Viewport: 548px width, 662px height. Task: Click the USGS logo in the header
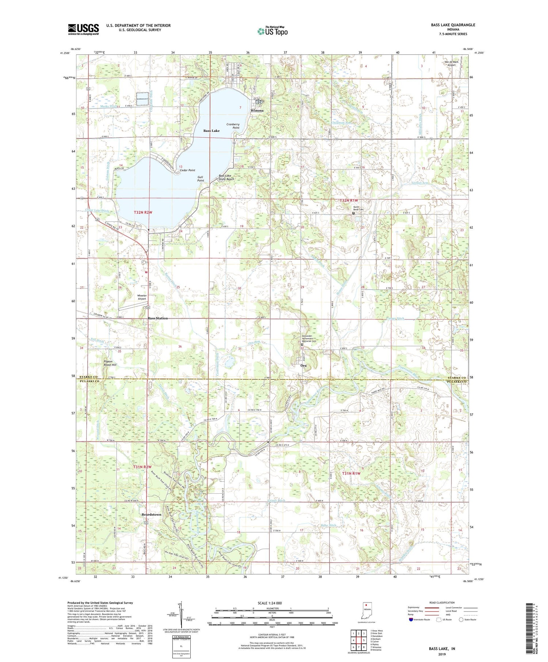tap(83, 29)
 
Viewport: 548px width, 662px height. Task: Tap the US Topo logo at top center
tap(272, 31)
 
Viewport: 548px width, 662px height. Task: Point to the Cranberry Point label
tap(233, 126)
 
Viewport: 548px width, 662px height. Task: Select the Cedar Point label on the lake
tap(187, 170)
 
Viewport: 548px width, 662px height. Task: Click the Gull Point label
tap(201, 179)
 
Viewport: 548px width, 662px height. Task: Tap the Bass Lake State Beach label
tap(227, 177)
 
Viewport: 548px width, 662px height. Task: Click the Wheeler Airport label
tap(141, 297)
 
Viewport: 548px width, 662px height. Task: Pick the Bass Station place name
tap(158, 318)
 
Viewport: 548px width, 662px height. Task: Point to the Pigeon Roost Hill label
tap(110, 363)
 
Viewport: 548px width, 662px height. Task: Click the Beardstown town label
tap(151, 514)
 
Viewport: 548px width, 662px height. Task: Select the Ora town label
tap(303, 366)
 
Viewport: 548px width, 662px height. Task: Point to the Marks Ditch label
tap(109, 106)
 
